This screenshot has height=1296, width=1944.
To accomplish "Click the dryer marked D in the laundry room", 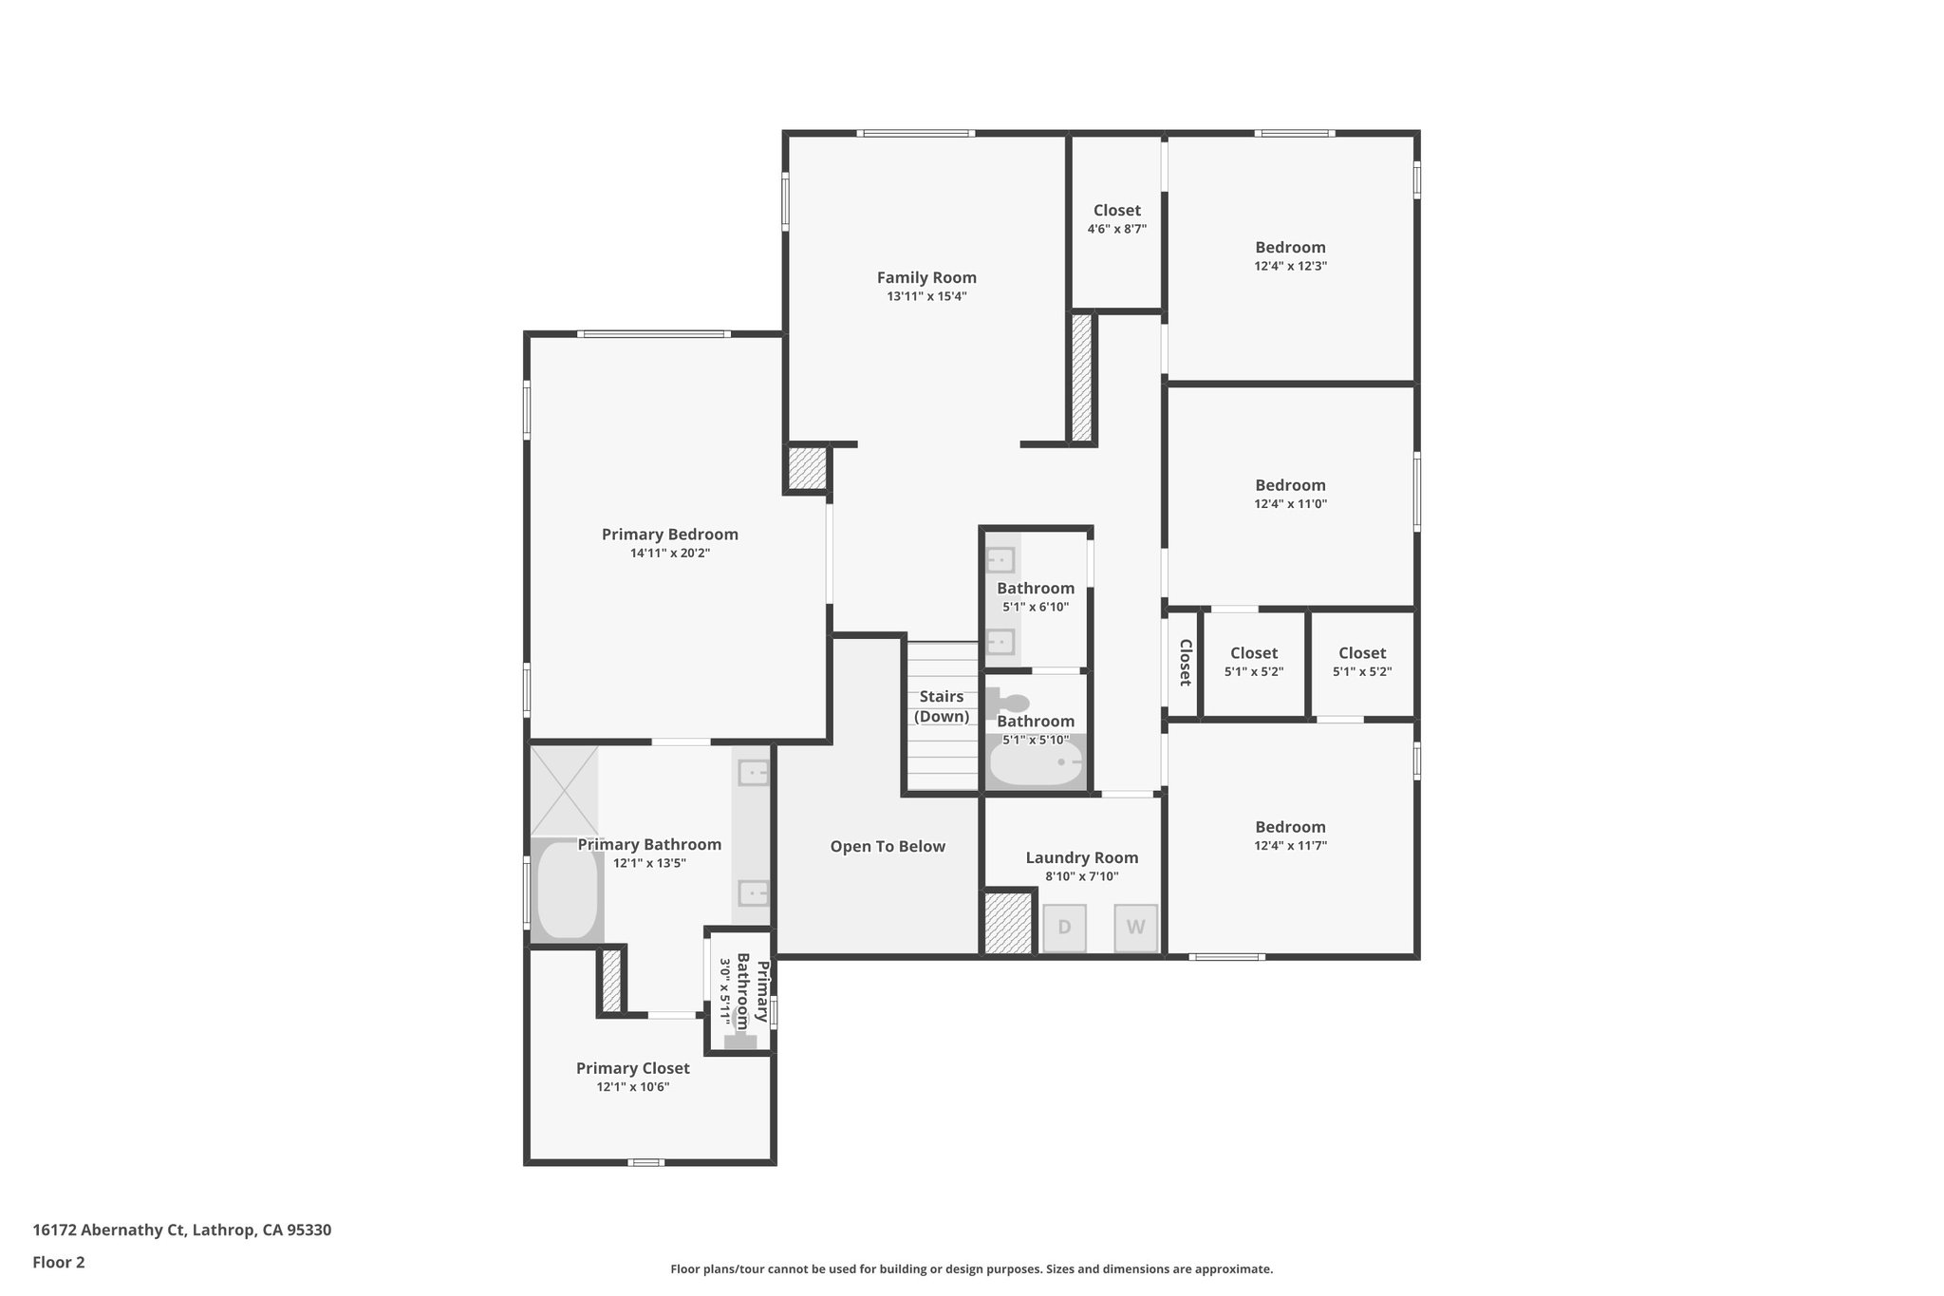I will point(1064,928).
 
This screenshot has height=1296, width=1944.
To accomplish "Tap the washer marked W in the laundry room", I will point(1135,928).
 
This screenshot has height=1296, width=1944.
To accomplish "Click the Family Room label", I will point(926,277).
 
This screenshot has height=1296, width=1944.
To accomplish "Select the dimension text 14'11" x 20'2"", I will point(669,553).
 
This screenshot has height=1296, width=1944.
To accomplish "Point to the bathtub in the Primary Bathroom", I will point(568,891).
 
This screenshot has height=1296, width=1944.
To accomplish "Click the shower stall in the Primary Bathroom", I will point(565,790).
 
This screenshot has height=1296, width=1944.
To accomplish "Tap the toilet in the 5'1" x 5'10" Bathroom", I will point(1007,704).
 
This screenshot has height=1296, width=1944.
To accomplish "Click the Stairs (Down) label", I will point(942,706).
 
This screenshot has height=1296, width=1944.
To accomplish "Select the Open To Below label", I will point(888,846).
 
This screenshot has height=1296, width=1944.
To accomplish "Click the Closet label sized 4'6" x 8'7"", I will point(1116,210).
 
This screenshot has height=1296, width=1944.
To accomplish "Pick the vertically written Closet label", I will point(1185,662).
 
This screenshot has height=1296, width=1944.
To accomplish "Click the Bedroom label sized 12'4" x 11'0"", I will point(1290,485).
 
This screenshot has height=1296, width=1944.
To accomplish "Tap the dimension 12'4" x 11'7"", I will point(1290,845).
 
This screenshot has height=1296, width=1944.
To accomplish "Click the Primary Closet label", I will point(632,1068).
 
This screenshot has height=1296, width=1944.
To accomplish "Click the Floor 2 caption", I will point(59,1262).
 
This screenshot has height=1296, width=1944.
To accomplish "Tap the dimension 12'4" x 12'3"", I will point(1290,266).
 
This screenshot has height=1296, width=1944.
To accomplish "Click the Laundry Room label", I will point(1081,857).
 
